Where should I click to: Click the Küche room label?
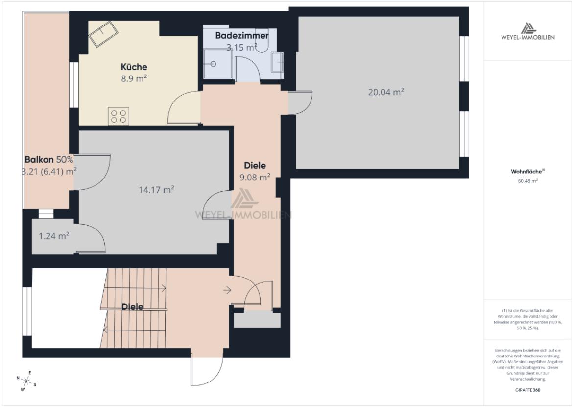134,67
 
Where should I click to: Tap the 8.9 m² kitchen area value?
134,78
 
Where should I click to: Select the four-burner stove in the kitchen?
119,116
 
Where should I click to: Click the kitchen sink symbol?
102,32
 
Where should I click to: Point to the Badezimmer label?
242,36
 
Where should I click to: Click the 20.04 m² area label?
386,92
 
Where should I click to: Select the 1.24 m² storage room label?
54,236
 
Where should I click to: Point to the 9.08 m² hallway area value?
255,177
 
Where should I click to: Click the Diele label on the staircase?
132,307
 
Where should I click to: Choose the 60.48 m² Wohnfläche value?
528,181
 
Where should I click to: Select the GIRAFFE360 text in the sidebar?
528,390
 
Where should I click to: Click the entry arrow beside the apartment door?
227,290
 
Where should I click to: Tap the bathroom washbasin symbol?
278,62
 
